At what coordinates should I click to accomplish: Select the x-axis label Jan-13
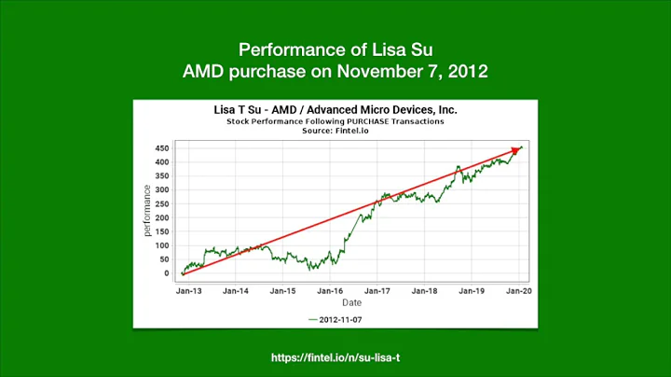(189, 291)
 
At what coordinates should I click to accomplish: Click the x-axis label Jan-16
(331, 291)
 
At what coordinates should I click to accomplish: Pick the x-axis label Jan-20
(518, 291)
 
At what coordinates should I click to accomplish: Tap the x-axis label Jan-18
(425, 291)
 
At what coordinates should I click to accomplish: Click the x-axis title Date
(351, 302)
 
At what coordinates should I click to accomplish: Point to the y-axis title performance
(146, 211)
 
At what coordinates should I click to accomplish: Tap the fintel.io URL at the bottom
(335, 357)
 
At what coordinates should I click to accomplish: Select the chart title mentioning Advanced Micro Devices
(335, 110)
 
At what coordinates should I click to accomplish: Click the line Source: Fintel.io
(335, 131)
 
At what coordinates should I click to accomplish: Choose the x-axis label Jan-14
(237, 291)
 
